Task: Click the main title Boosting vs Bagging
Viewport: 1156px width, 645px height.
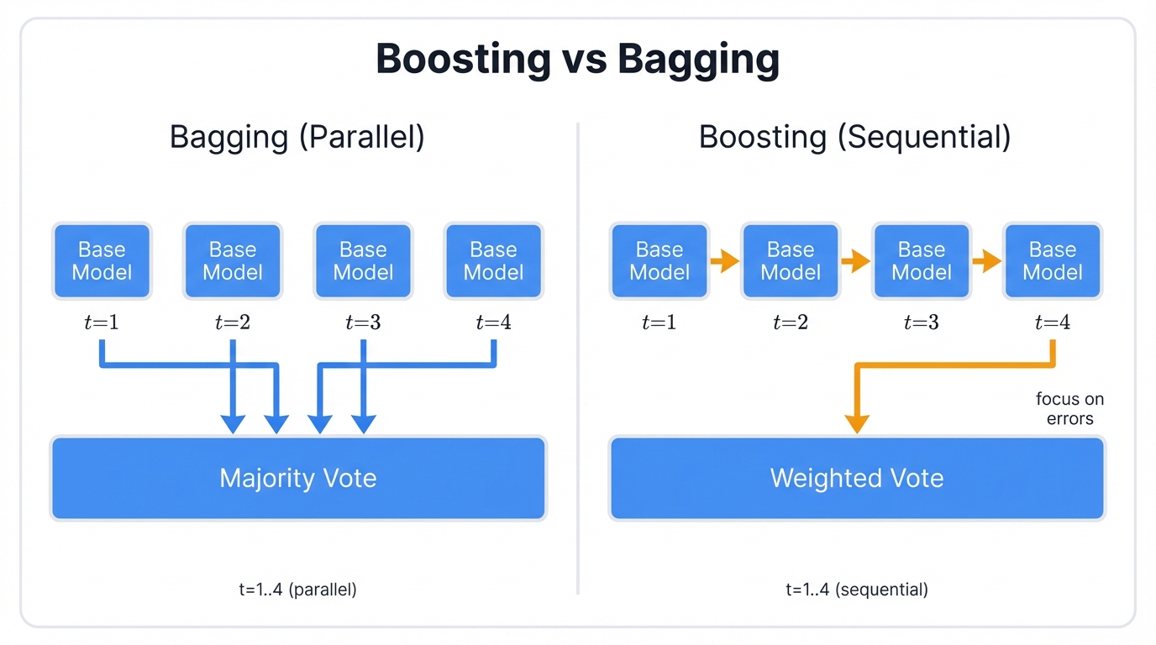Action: click(577, 60)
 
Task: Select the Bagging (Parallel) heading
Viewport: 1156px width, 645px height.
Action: click(297, 136)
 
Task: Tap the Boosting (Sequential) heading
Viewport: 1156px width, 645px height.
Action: click(854, 136)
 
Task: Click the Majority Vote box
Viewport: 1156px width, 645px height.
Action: click(298, 478)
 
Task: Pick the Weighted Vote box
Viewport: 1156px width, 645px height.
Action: click(857, 478)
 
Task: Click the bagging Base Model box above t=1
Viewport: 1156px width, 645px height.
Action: click(102, 261)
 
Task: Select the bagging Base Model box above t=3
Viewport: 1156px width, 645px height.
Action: click(363, 261)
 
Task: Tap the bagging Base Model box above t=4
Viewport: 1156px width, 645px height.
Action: click(493, 261)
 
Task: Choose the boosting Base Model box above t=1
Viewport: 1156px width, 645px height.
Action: click(659, 261)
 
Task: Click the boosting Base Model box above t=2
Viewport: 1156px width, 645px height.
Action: click(791, 261)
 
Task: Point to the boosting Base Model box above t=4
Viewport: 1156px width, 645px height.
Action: click(1053, 261)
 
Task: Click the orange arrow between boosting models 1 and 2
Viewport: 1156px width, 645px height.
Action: click(724, 262)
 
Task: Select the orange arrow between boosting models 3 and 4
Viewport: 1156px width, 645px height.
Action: click(986, 262)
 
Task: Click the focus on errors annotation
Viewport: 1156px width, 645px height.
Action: click(1069, 408)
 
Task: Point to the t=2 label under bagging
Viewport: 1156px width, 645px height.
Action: click(233, 322)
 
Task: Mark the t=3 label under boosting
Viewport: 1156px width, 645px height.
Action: click(922, 322)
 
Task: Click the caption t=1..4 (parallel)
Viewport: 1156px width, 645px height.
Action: click(297, 590)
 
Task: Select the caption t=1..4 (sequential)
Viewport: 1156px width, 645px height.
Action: click(857, 590)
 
